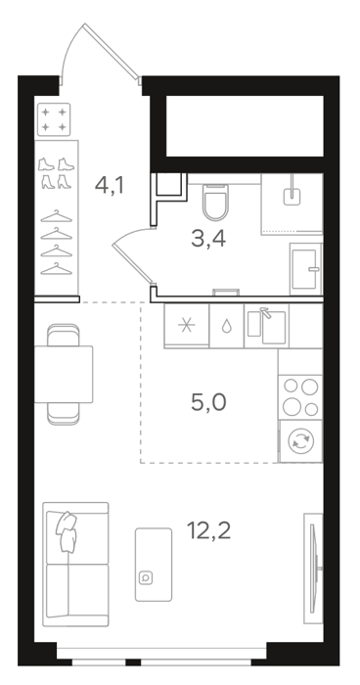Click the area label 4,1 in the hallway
pos(110,186)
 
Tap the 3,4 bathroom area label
pos(208,239)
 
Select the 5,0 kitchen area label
pos(208,402)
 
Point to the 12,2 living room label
pos(208,530)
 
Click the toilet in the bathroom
pos(216,203)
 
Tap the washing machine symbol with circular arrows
pos(300,440)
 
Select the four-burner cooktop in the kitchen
pos(300,397)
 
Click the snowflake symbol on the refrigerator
pos(187,326)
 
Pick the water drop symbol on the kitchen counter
pos(226,326)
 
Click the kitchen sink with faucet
pos(266,326)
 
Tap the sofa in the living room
pos(75,565)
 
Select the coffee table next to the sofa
pos(154,565)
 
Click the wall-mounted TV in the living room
pos(314,569)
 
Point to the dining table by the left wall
pos(64,374)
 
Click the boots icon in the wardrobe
pos(57,173)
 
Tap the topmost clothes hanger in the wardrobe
pos(57,216)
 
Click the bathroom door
pos(132,257)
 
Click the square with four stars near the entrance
pos(54,119)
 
